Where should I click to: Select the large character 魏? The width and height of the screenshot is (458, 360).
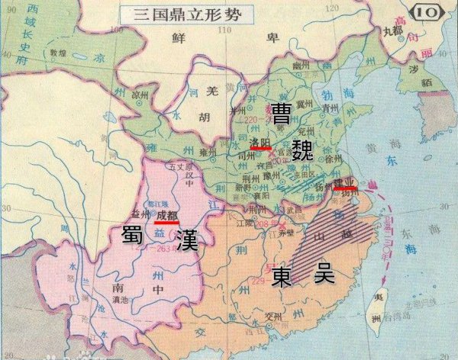(x=314, y=143)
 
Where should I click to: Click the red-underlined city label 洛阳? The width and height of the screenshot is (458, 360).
(x=260, y=142)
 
